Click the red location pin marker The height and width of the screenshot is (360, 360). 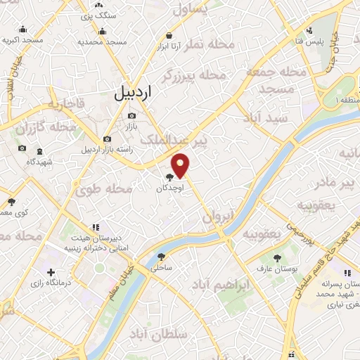click(x=181, y=165)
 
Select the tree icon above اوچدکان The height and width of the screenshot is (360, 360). click(x=170, y=178)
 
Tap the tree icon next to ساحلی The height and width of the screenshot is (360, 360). click(x=162, y=257)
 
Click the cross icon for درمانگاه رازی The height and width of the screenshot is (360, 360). click(x=50, y=272)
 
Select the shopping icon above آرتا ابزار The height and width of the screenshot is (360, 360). click(x=169, y=34)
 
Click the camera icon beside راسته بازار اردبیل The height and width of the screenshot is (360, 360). click(x=106, y=139)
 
